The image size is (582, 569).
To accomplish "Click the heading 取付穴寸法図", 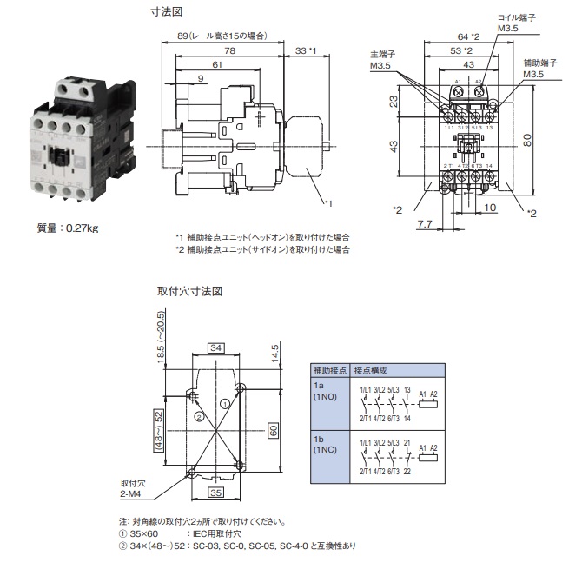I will coord(190,292).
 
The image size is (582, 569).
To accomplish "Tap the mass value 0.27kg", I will coord(68,228).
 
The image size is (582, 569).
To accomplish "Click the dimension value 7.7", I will coord(424,225).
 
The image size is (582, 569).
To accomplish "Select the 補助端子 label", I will coord(540,63).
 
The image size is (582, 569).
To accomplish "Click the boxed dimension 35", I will coord(215,492).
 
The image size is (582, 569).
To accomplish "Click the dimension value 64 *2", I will coord(469,36).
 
